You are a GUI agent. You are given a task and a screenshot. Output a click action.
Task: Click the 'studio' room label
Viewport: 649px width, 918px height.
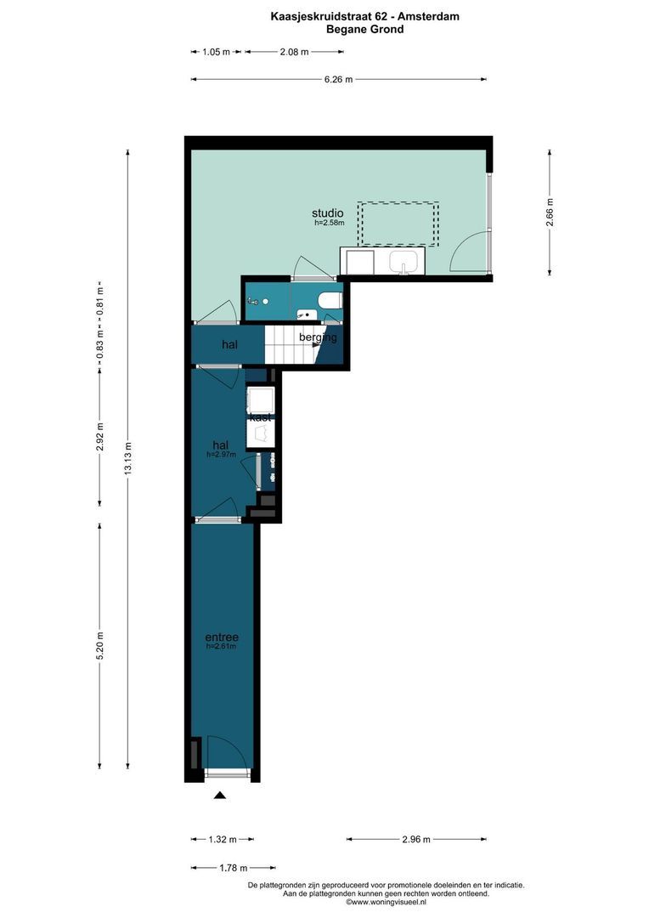pyautogui.click(x=327, y=212)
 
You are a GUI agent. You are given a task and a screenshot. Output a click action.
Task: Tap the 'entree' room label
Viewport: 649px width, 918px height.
pyautogui.click(x=221, y=637)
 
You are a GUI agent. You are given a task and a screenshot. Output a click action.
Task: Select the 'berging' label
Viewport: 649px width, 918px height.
pyautogui.click(x=318, y=337)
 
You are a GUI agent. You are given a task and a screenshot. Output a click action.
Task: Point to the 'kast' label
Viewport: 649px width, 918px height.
pyautogui.click(x=261, y=417)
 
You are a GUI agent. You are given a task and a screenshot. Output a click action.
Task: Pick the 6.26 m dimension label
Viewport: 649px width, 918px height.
pyautogui.click(x=338, y=80)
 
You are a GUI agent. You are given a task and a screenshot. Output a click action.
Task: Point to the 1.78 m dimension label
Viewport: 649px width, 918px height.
pyautogui.click(x=232, y=868)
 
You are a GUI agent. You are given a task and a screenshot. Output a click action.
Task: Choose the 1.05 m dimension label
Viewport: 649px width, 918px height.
pyautogui.click(x=216, y=52)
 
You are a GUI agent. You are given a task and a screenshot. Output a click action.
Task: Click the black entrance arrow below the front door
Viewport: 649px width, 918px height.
pyautogui.click(x=220, y=796)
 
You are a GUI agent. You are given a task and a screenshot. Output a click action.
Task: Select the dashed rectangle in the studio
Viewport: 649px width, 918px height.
pyautogui.click(x=398, y=224)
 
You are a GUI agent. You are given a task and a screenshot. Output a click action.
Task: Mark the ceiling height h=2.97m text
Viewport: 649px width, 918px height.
pyautogui.click(x=221, y=455)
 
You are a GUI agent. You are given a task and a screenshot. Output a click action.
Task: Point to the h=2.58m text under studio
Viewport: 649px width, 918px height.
pyautogui.click(x=329, y=223)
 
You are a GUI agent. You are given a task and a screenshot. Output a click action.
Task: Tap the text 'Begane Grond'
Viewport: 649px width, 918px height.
pyautogui.click(x=365, y=29)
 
